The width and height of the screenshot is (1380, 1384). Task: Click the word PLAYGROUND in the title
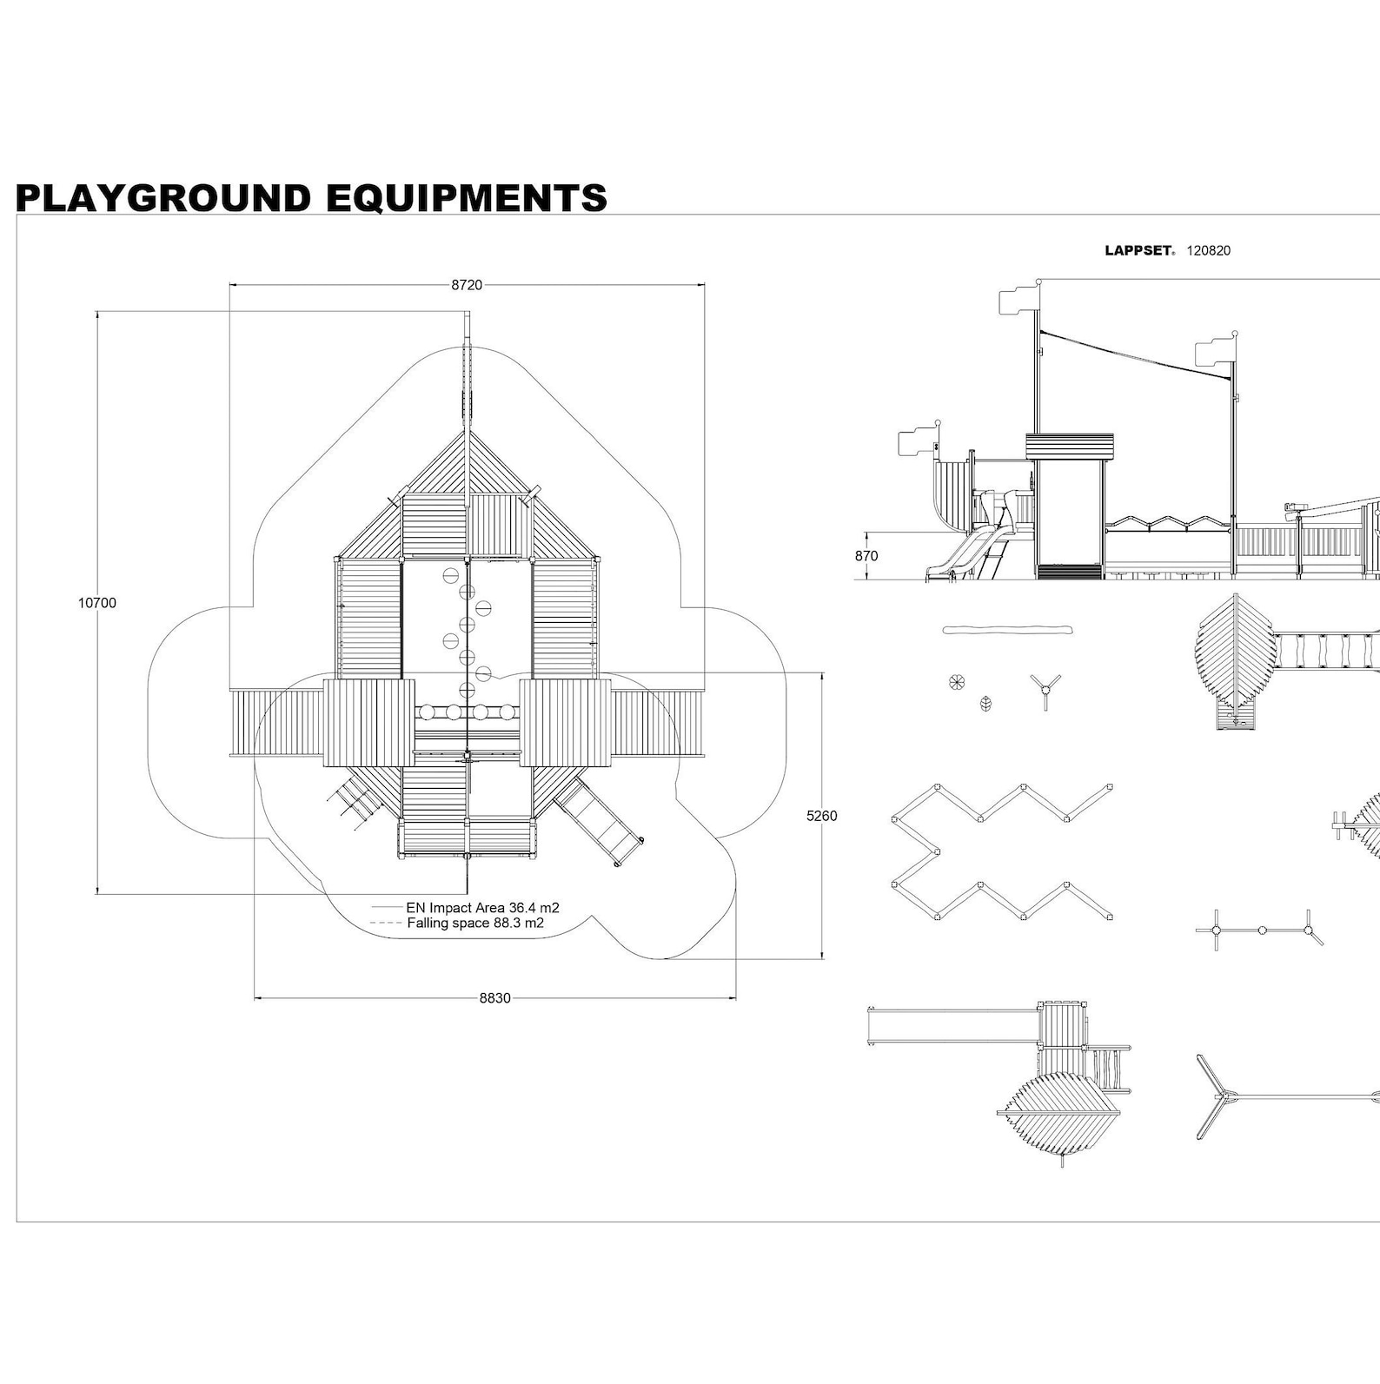coord(163,198)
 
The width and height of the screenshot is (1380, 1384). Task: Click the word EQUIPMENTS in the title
coord(466,198)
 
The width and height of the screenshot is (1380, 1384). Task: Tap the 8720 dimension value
coord(467,285)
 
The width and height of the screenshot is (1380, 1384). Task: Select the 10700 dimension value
coord(96,603)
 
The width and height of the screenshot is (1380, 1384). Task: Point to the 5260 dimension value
coord(821,816)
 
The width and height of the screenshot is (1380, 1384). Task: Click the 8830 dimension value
coord(494,998)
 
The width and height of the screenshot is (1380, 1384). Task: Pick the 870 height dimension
coord(866,556)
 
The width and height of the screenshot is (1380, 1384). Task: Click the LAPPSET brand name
coord(1138,251)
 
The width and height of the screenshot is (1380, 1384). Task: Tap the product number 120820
coord(1209,251)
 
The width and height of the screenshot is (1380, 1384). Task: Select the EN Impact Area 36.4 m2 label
coord(482,908)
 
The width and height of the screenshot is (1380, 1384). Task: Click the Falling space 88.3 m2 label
coord(475,923)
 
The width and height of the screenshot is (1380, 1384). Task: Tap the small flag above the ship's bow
coord(918,442)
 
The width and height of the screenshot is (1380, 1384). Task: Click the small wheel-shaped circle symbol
coord(956,682)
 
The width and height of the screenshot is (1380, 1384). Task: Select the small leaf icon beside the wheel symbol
coord(985,703)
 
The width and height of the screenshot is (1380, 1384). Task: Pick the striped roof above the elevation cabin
coord(1069,446)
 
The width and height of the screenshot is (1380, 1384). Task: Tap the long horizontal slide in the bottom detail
coord(952,1025)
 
